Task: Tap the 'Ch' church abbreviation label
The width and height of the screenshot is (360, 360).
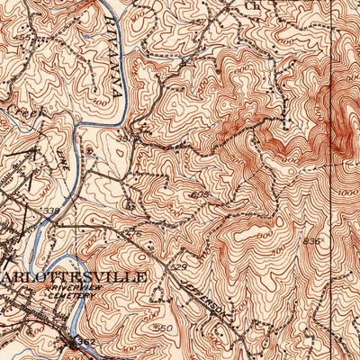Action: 252,4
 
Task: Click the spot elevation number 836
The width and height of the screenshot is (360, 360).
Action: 310,241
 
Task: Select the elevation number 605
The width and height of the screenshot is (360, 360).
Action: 199,194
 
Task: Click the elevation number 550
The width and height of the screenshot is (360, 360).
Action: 163,328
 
